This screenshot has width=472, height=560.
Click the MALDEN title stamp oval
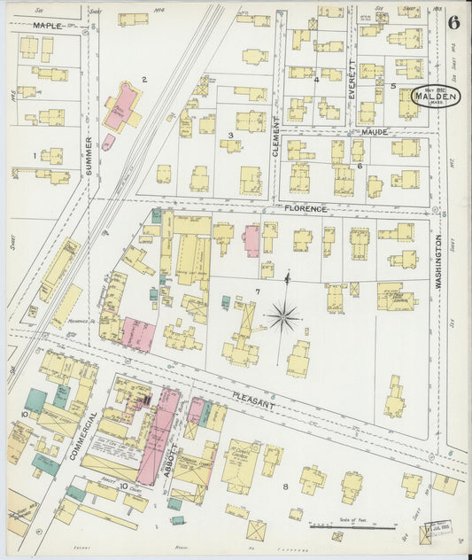click(x=434, y=97)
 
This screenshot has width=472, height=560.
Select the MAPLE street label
click(x=48, y=26)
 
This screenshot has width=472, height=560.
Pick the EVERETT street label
click(x=352, y=79)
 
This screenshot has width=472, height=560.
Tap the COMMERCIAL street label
click(x=78, y=435)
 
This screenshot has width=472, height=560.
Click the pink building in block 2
click(x=125, y=105)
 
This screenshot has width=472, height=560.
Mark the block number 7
click(x=258, y=291)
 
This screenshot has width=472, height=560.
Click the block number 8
click(x=285, y=486)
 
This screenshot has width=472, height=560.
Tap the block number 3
click(x=230, y=136)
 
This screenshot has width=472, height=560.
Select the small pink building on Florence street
click(x=252, y=240)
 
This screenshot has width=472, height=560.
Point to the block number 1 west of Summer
click(x=35, y=156)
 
